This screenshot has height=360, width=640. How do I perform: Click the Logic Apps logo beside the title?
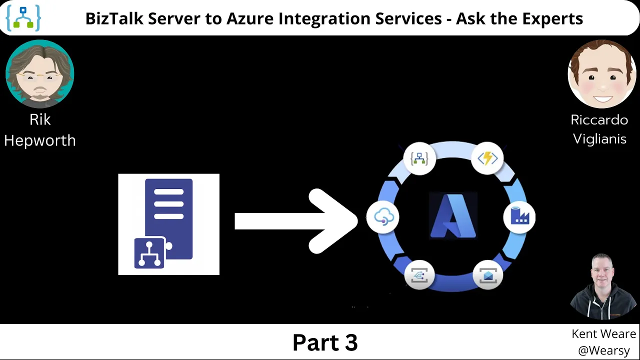click(23, 18)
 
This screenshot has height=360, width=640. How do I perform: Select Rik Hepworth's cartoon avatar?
click(40, 74)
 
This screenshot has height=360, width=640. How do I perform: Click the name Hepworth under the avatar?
click(40, 140)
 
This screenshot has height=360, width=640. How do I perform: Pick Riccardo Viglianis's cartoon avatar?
click(602, 74)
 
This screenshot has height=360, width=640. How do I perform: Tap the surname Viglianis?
click(599, 139)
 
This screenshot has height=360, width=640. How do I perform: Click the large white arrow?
click(296, 221)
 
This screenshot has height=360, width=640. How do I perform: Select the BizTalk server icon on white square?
click(169, 224)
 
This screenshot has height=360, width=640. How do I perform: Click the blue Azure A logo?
click(453, 216)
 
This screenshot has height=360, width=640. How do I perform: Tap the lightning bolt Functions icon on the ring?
click(487, 158)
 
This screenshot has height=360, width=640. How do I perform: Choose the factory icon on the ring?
click(519, 217)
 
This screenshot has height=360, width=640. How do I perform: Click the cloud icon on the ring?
click(383, 217)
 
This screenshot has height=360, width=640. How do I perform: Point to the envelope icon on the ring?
click(488, 275)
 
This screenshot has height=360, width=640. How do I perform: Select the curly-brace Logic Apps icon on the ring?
click(419, 158)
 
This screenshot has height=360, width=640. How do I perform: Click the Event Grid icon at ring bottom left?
click(419, 275)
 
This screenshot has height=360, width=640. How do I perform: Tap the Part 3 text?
click(325, 342)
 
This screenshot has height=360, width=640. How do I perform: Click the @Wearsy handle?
click(604, 350)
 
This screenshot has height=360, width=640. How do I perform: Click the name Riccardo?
click(599, 119)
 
